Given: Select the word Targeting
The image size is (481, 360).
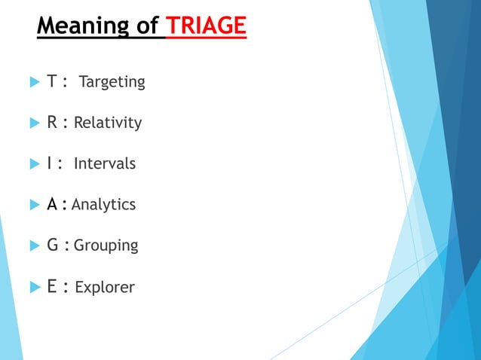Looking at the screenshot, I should (112, 82).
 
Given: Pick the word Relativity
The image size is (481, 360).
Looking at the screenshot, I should (107, 123).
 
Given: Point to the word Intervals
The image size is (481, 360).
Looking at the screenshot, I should (105, 163).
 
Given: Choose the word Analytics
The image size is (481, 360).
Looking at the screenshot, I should (103, 204).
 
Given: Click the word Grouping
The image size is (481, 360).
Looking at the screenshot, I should (106, 246).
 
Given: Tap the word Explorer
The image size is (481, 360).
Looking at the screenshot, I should (105, 287).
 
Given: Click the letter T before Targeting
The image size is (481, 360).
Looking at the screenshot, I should (52, 81).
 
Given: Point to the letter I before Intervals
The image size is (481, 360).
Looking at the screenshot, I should (50, 163).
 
